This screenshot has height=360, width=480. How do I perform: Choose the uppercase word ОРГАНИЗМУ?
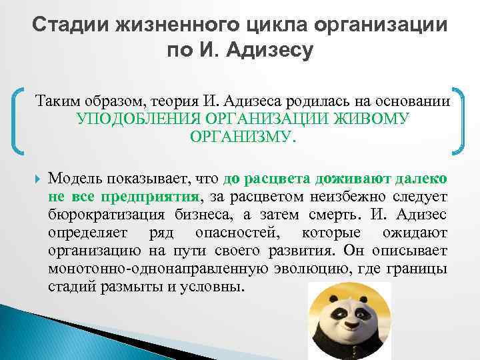(241, 137)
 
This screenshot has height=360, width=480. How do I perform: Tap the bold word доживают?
(335, 179)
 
